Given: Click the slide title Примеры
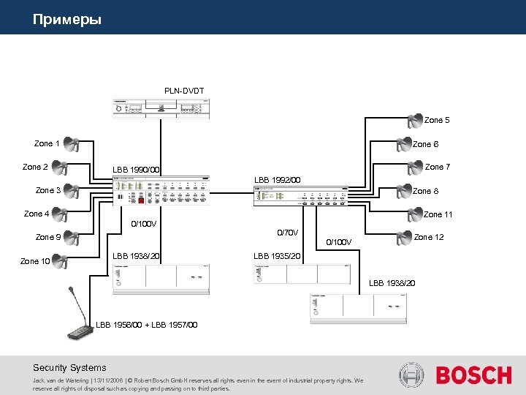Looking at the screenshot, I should [x=66, y=19].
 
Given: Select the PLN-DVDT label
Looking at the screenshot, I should [x=184, y=91].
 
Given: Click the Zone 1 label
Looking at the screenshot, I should [x=47, y=143].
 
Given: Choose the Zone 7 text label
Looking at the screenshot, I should [x=438, y=167].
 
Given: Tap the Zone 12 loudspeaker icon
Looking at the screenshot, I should [x=403, y=238].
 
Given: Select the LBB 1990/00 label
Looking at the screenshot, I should [x=136, y=170].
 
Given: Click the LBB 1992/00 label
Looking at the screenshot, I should [x=277, y=180].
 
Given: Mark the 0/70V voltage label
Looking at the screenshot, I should [x=288, y=233].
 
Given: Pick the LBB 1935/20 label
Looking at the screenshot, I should [x=277, y=256].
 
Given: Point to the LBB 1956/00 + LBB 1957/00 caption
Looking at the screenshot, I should [x=146, y=325].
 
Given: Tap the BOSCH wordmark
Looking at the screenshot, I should [x=473, y=375].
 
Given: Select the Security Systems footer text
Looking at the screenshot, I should [x=69, y=368].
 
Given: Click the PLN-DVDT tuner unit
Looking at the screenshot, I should [x=161, y=108].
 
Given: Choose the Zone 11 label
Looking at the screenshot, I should [x=438, y=214].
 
